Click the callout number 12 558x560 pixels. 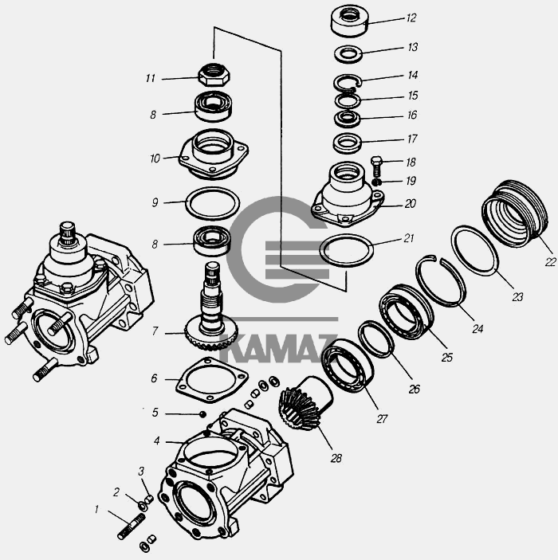click(411, 18)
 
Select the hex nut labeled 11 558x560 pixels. click(214, 75)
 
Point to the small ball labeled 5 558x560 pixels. click(202, 414)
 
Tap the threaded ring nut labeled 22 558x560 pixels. click(515, 213)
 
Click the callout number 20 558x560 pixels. click(411, 204)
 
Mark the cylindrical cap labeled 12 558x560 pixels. click(349, 21)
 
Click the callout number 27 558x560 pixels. click(382, 418)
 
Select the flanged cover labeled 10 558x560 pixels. click(214, 155)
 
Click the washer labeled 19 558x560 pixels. click(375, 182)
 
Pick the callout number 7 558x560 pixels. click(155, 331)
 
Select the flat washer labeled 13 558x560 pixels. click(348, 54)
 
